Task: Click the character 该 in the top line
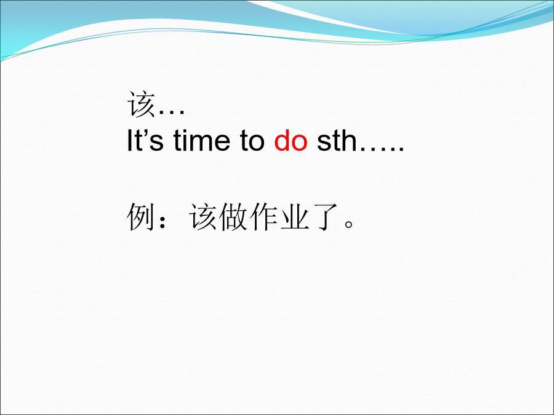[x=142, y=104]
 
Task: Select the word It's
[x=145, y=140]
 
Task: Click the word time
[x=202, y=140]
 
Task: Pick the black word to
[x=252, y=141]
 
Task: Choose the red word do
[x=291, y=140]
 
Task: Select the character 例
[x=140, y=216]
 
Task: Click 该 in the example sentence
[x=203, y=216]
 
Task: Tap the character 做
[x=233, y=216]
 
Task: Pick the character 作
[x=264, y=216]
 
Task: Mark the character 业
[x=295, y=216]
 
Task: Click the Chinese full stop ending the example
[x=349, y=224]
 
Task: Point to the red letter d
[x=282, y=140]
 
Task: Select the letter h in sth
[x=349, y=140]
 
